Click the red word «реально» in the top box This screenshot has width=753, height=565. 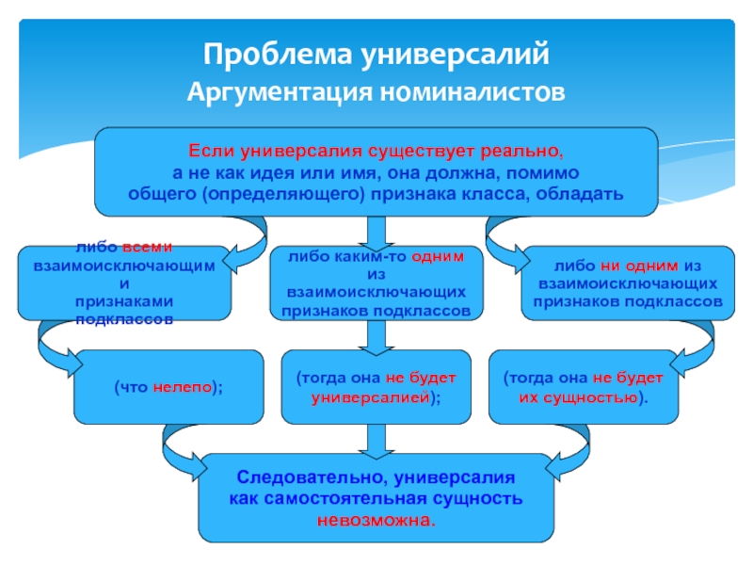click(x=521, y=152)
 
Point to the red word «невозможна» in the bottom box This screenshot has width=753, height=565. click(x=375, y=519)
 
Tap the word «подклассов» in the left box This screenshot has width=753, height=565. click(x=124, y=319)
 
